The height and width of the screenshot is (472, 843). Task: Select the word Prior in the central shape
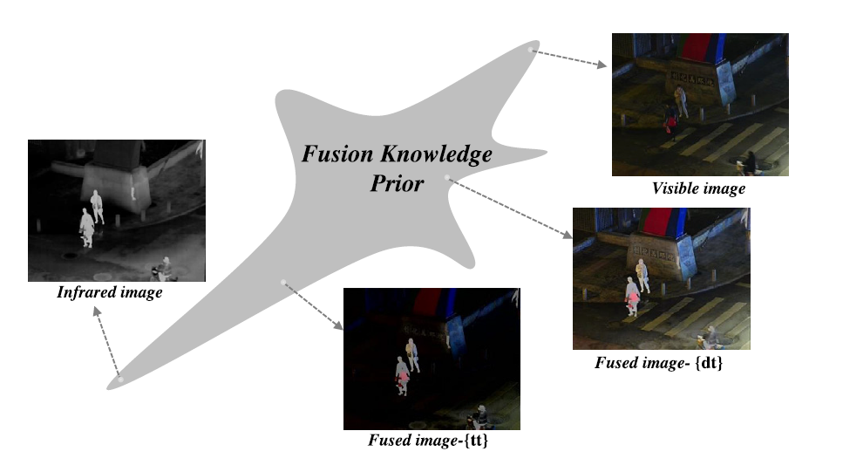click(396, 183)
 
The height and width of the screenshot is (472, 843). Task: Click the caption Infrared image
click(110, 292)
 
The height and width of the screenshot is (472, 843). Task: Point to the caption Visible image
click(699, 188)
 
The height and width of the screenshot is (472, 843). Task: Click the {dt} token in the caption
click(708, 362)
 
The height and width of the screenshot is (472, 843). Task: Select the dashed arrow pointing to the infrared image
click(106, 345)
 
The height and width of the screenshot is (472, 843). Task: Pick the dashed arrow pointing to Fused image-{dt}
click(510, 209)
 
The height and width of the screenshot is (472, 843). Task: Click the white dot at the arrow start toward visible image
click(532, 49)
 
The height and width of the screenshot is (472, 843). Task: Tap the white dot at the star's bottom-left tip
click(120, 380)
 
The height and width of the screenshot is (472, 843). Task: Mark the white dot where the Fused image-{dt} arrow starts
click(447, 178)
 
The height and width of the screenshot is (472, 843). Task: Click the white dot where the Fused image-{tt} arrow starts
click(282, 281)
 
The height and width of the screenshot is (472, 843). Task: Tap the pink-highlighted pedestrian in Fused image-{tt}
click(402, 377)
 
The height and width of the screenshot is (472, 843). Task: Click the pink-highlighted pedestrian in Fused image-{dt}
click(631, 301)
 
